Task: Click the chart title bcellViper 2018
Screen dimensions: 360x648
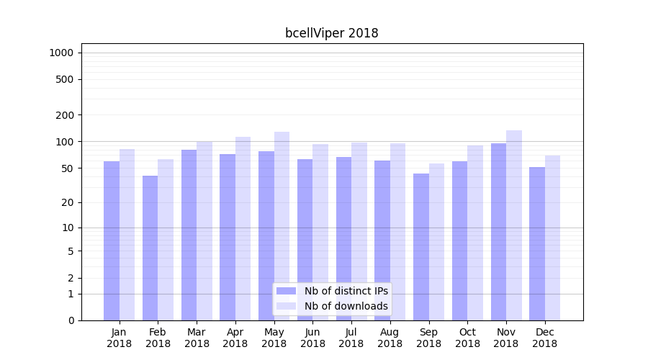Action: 331,33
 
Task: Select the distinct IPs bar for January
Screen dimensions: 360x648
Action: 112,240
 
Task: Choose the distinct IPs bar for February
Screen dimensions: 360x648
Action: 150,248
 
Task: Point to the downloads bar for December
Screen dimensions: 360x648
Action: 552,238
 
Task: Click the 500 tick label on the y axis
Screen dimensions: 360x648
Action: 65,79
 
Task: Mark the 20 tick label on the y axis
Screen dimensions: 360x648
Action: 68,202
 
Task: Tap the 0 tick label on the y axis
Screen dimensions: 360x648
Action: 71,320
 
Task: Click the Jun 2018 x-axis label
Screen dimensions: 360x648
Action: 312,338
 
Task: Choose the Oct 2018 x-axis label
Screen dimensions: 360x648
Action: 467,338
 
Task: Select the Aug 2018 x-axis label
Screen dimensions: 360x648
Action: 390,338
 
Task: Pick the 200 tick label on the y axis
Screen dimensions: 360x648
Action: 65,114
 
